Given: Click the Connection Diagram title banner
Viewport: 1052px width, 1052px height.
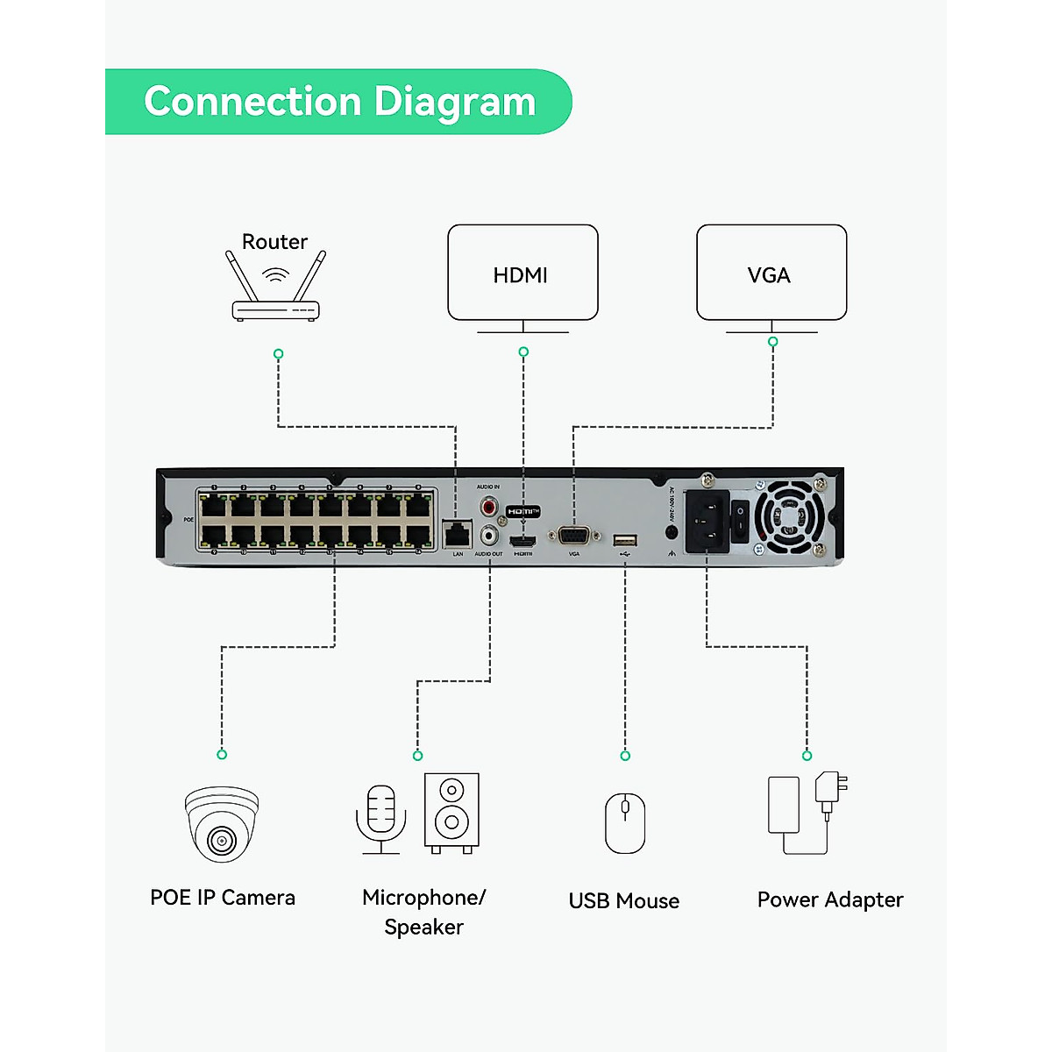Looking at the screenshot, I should pos(338,102).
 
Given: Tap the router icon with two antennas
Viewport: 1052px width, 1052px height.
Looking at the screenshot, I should pos(275,289).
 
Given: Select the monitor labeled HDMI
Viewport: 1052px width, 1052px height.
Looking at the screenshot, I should pos(522,274).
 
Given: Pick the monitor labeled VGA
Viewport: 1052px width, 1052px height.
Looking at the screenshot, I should pos(771,274).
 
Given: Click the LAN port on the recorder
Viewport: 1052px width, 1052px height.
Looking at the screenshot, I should pos(458,533).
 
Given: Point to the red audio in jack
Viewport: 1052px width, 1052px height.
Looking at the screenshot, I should pos(489,507).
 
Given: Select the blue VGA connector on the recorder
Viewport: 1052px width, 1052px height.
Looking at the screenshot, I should pos(574,535).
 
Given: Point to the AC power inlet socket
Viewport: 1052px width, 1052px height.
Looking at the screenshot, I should pos(707,521).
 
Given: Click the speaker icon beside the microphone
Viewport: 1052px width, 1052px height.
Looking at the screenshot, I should pos(451,810).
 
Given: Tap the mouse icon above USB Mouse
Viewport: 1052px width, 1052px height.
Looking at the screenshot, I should pos(625,822).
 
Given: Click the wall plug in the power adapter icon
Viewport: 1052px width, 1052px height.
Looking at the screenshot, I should pos(829,789).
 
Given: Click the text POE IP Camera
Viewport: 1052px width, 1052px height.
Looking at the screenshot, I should pos(223,898).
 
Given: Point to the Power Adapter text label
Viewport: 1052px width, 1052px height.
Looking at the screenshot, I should pos(829,899).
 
